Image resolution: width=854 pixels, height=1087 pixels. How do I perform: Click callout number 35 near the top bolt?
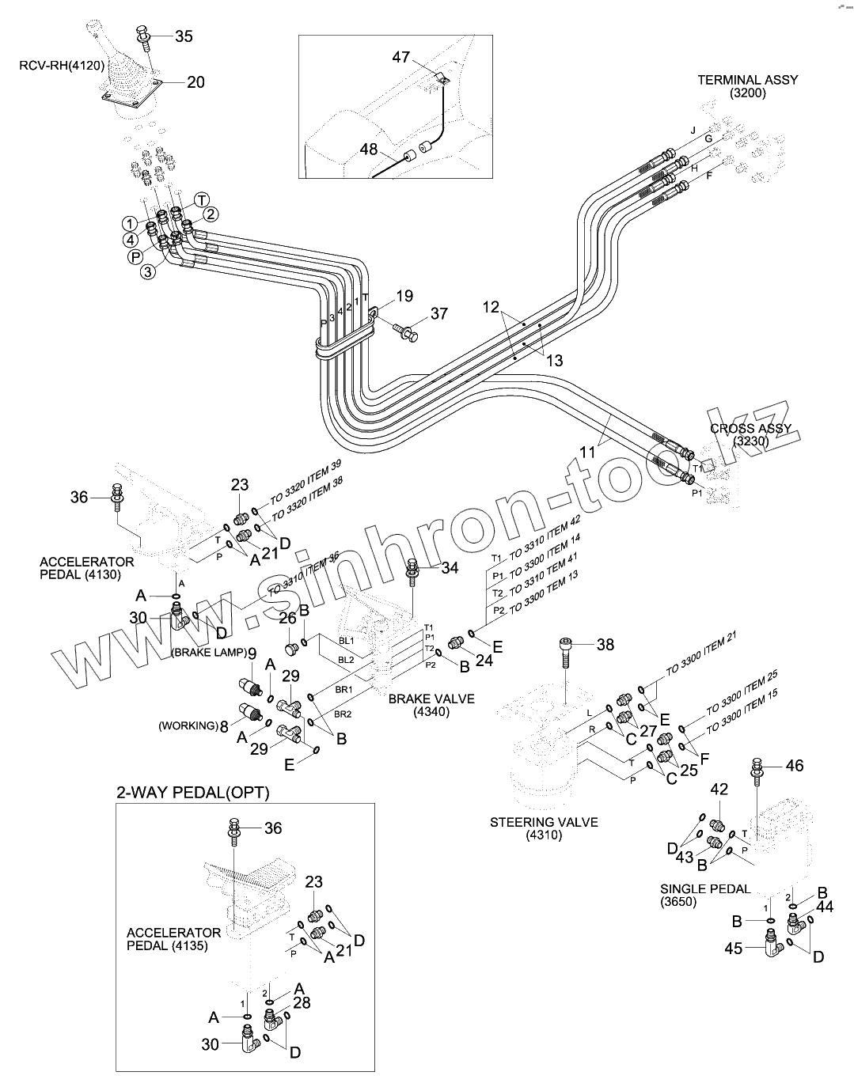pyautogui.click(x=183, y=36)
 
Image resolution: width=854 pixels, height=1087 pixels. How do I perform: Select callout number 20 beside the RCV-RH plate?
pyautogui.click(x=195, y=82)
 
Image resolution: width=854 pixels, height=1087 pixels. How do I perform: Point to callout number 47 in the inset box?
pyautogui.click(x=401, y=56)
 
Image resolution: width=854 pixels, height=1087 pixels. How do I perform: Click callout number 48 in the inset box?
pyautogui.click(x=370, y=148)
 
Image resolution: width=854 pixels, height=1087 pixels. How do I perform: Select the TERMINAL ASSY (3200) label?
pyautogui.click(x=747, y=86)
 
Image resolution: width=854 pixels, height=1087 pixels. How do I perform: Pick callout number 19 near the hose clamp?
pyautogui.click(x=404, y=297)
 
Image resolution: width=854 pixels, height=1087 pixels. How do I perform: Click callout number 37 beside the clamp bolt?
pyautogui.click(x=438, y=314)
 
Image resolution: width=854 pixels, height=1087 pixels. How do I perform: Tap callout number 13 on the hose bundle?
pyautogui.click(x=555, y=361)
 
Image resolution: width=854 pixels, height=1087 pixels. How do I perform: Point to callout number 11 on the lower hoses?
pyautogui.click(x=587, y=453)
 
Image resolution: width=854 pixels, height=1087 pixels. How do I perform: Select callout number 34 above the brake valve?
pyautogui.click(x=450, y=568)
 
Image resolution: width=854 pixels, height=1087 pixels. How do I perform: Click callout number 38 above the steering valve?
pyautogui.click(x=605, y=645)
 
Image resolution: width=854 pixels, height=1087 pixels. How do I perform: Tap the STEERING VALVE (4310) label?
pyautogui.click(x=543, y=828)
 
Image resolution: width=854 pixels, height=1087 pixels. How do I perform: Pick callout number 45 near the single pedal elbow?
pyautogui.click(x=734, y=948)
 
